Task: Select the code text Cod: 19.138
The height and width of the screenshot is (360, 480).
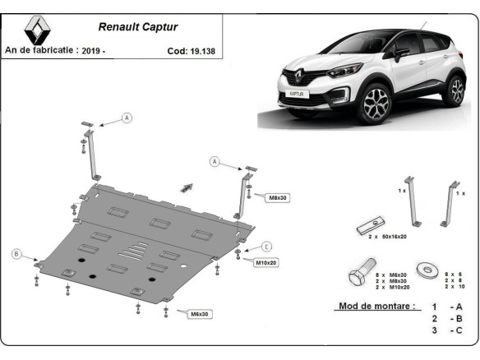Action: tap(187, 50)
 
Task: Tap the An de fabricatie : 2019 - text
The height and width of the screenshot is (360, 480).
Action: tap(56, 50)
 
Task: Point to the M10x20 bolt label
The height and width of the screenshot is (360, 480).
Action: tap(266, 262)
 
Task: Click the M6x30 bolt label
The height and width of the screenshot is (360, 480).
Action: tap(200, 314)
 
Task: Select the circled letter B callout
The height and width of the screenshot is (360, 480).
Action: tap(16, 254)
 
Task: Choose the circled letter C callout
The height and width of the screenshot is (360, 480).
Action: tap(267, 247)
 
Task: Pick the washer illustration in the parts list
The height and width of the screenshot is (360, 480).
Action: tap(428, 270)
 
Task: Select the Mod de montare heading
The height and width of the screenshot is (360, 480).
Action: tap(376, 306)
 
